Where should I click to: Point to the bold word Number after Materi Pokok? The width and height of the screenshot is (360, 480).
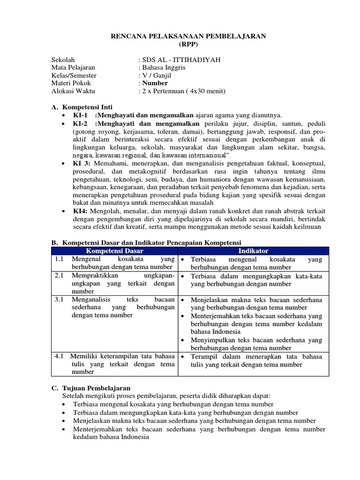(x=155, y=83)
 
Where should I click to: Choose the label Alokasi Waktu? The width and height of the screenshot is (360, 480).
(x=73, y=91)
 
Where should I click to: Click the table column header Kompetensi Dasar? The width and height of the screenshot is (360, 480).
(x=113, y=251)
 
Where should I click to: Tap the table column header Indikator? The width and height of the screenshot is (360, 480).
(x=253, y=251)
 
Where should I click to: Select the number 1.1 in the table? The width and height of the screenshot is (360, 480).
(x=59, y=259)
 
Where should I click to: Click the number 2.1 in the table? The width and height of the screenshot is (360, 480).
(x=59, y=276)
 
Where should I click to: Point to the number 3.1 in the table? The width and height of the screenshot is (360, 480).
(x=59, y=299)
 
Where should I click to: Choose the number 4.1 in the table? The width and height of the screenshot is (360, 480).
(x=59, y=356)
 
